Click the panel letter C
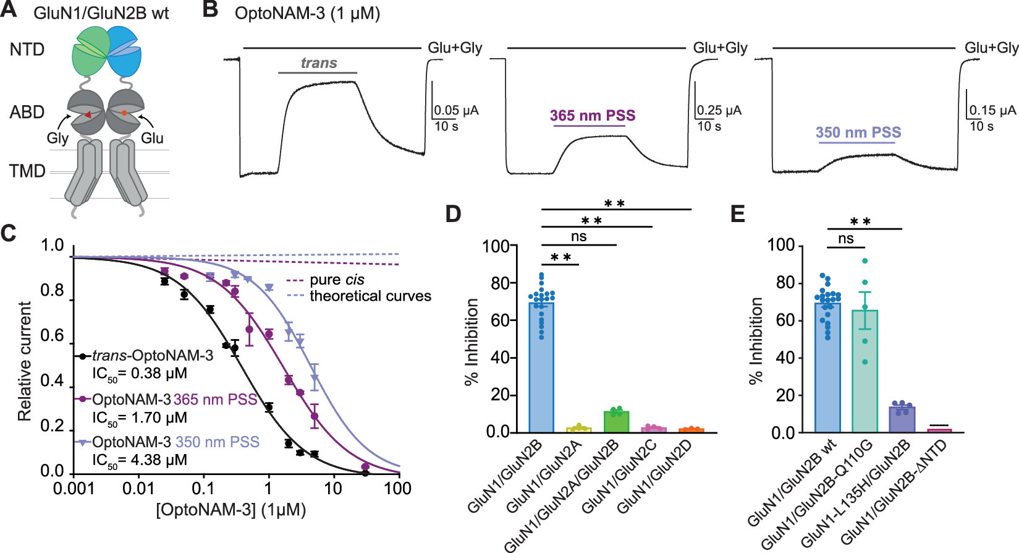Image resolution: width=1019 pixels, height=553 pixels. [x=9, y=233]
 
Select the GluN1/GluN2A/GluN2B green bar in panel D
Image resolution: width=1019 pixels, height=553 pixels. [x=616, y=421]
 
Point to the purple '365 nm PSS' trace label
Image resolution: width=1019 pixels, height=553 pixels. [x=593, y=116]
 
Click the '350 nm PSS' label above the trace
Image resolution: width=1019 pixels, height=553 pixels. [x=858, y=132]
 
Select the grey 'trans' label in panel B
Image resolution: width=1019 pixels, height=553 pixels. [x=319, y=63]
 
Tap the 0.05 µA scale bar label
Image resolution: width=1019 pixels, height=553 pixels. [x=456, y=111]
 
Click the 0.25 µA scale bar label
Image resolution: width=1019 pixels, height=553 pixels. [x=719, y=111]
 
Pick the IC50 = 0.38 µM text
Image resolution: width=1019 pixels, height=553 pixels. [x=139, y=374]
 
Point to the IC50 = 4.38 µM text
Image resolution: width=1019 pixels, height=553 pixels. [x=139, y=460]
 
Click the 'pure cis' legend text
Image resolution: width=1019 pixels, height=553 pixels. [x=337, y=280]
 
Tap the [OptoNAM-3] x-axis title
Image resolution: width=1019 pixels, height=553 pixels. [x=230, y=510]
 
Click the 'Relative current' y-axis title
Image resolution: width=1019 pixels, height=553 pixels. [x=25, y=361]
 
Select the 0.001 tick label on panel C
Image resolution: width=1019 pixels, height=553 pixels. [x=74, y=489]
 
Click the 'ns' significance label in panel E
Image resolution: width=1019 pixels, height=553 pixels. [x=846, y=239]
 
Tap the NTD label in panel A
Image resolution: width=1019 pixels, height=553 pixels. [x=27, y=49]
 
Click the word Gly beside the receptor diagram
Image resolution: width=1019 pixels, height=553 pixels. [x=57, y=138]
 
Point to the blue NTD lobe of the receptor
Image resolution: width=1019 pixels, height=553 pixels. [x=125, y=53]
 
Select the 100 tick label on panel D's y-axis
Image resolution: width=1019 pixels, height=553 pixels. [x=496, y=246]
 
